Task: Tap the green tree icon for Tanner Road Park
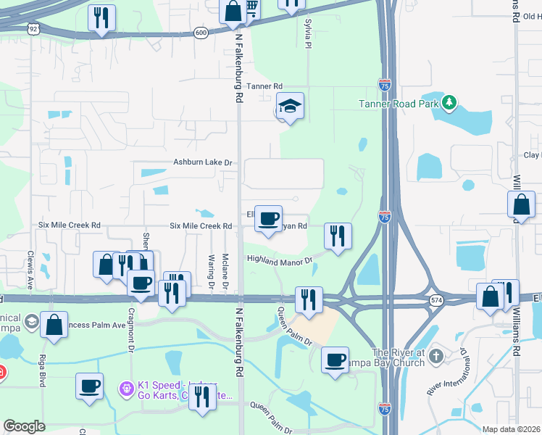point(449,102)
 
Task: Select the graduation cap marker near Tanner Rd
point(290,107)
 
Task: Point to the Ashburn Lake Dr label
point(202,163)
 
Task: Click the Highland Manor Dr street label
point(280,259)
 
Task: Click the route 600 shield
point(201,33)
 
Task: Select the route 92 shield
point(33,28)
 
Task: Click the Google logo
point(24,426)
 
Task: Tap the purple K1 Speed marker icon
point(128,389)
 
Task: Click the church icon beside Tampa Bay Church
point(435,356)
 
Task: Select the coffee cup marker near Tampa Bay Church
point(335,360)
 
